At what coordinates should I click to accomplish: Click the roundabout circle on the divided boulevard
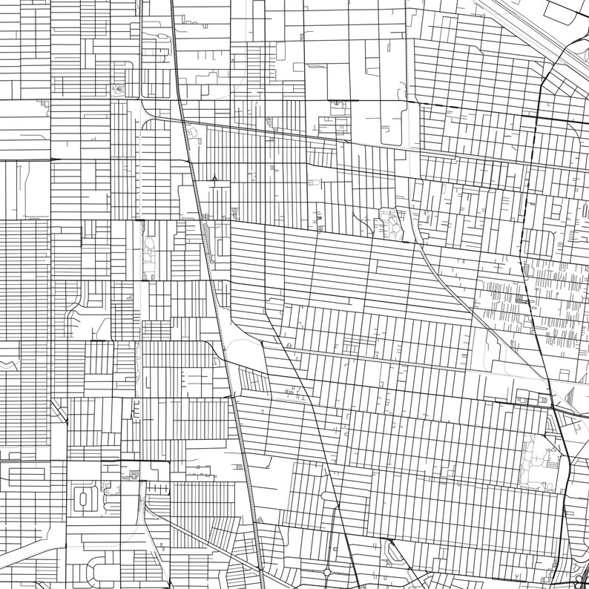click(x=326, y=572)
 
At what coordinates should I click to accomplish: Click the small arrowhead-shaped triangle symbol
click(x=214, y=178)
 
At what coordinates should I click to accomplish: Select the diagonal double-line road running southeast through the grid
click(x=445, y=278)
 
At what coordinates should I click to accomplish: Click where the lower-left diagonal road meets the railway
click(x=260, y=570)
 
